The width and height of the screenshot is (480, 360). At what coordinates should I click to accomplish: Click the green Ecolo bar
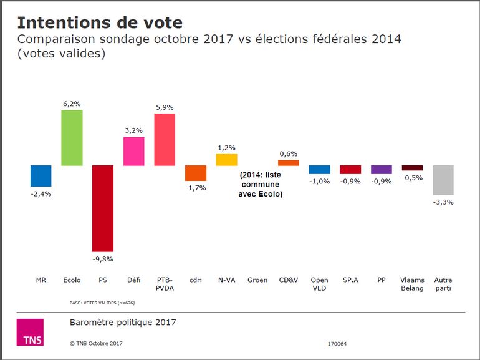coord(72,137)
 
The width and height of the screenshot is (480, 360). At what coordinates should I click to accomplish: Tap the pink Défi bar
coord(134,151)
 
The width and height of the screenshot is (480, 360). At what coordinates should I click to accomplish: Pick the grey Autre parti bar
coord(443,180)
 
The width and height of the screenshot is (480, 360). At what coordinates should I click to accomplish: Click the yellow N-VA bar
coord(226,160)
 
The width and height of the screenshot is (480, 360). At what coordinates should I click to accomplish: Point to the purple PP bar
coord(382,170)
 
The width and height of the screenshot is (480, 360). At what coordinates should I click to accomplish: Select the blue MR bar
coord(41,176)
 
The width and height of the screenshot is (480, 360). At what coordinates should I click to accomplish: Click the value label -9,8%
coord(103,258)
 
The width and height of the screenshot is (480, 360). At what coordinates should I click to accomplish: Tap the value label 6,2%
coord(72,104)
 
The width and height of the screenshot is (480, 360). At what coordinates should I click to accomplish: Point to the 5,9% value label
coord(165,107)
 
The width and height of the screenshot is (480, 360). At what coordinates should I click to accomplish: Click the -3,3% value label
coord(443,202)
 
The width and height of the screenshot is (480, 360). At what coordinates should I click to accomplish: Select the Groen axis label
coord(257,280)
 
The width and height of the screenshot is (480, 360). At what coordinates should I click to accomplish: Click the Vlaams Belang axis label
coord(412,284)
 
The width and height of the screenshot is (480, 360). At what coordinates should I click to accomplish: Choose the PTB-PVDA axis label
coord(165,284)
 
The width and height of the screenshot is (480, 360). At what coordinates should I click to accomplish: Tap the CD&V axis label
coord(289,280)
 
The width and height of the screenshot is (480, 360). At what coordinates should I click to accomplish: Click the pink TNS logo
coord(30,332)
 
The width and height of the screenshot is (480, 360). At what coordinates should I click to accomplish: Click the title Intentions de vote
coord(100,23)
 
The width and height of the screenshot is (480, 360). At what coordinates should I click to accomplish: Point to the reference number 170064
coord(337,344)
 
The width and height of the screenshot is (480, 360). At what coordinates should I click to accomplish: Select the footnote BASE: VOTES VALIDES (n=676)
coord(102,303)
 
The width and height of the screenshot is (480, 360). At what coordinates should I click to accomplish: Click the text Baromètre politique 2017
coord(123,323)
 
